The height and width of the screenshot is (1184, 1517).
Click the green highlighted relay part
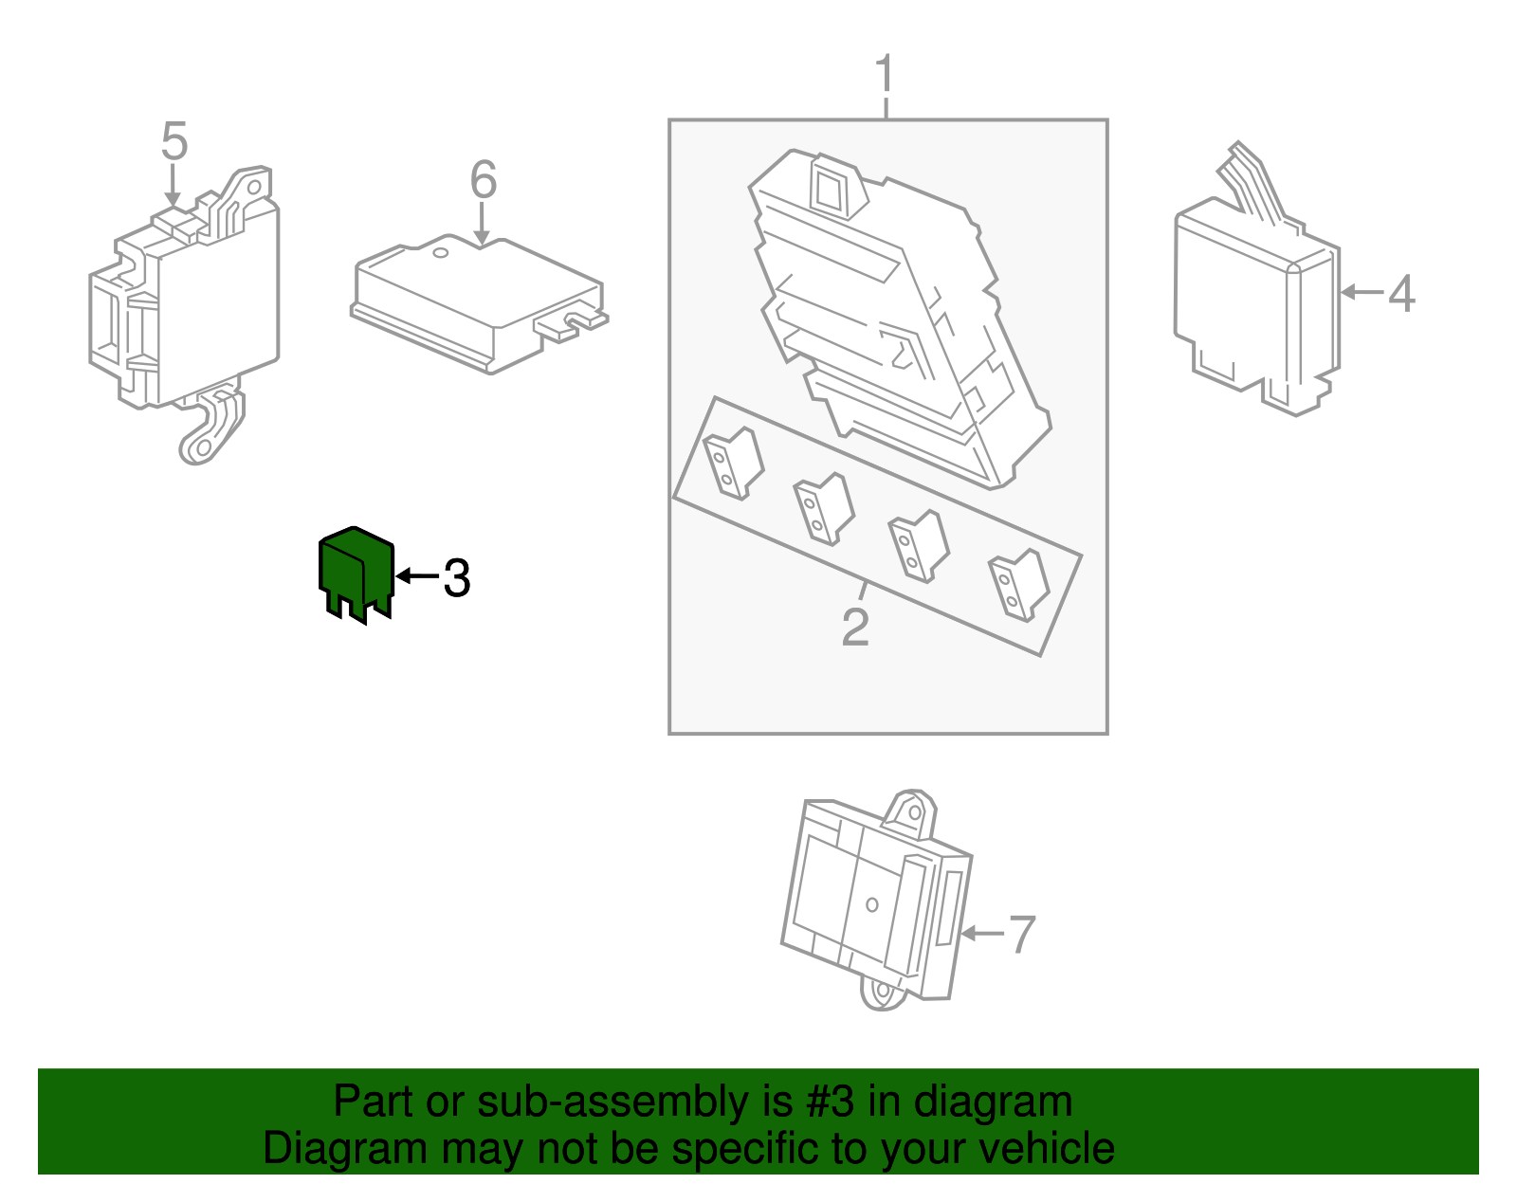(x=354, y=569)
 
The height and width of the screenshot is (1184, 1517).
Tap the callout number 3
(x=457, y=578)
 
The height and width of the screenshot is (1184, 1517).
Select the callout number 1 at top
(x=884, y=75)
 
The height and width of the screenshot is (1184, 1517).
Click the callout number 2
(x=855, y=628)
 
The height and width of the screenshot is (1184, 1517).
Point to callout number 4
(x=1401, y=294)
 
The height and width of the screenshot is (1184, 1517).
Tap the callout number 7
(x=1021, y=936)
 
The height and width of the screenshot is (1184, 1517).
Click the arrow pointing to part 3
(x=415, y=575)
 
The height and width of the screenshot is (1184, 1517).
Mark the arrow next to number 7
(x=981, y=934)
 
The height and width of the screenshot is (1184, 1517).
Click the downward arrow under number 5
(x=173, y=186)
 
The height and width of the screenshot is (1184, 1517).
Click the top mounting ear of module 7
(x=911, y=812)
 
